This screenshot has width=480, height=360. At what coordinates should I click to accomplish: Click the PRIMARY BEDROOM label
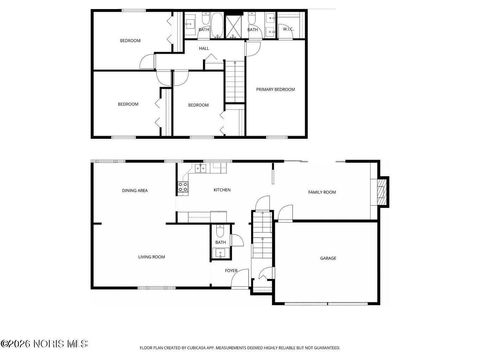tap(275, 89)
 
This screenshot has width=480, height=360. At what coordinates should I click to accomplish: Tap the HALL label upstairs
tap(204, 48)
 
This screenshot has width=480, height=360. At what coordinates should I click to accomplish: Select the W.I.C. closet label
tap(287, 30)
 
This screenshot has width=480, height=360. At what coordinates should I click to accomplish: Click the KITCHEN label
tap(222, 189)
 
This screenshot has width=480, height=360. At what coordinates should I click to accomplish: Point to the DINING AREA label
tap(135, 189)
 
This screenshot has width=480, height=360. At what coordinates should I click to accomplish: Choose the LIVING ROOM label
tap(151, 257)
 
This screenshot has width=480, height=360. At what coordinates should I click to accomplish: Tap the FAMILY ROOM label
tap(322, 191)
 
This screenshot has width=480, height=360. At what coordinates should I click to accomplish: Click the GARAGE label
tap(327, 258)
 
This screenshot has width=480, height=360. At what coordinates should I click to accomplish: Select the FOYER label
tap(230, 269)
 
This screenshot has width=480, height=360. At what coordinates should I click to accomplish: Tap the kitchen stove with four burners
tap(184, 184)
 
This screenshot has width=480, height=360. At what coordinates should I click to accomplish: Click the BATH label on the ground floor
tap(220, 241)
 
